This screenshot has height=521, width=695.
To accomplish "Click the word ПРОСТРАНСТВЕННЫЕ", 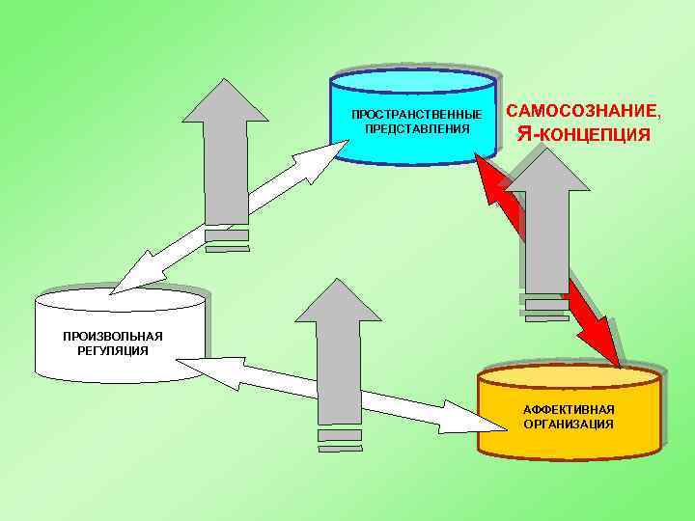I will point(416,115).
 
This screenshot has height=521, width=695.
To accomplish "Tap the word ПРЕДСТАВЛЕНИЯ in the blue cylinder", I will point(416,128).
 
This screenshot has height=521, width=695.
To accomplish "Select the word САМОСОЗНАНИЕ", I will point(584,111).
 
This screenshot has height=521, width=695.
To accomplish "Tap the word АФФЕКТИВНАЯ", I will point(569,410).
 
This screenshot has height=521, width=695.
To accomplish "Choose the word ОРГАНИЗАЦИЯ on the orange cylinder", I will point(569,424).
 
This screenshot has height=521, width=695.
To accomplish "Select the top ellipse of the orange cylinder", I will point(571,377).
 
